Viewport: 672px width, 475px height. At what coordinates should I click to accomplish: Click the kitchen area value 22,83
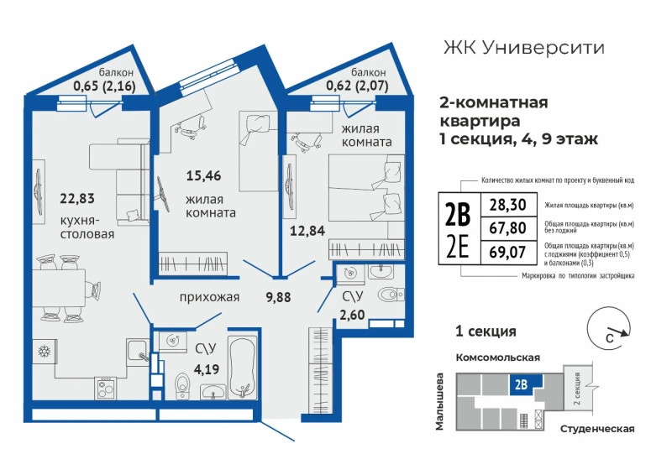click(x=77, y=199)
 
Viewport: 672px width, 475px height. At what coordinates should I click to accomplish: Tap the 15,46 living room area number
click(x=203, y=175)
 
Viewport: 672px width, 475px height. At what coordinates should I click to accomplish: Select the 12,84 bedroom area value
click(x=307, y=231)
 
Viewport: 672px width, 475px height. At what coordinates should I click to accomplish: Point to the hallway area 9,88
click(x=278, y=297)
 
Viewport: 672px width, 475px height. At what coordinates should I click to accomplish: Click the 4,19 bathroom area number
click(x=207, y=369)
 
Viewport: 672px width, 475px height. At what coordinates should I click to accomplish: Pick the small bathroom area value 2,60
click(x=352, y=315)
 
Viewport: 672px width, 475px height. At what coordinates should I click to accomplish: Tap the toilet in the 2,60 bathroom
click(x=391, y=294)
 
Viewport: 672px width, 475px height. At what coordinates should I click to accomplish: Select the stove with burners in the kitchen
click(x=106, y=388)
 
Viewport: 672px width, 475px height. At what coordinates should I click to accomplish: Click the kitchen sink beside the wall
click(x=137, y=351)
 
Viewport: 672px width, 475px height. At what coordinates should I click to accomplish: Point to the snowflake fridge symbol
click(x=45, y=352)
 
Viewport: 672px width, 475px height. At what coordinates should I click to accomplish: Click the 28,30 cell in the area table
click(x=508, y=205)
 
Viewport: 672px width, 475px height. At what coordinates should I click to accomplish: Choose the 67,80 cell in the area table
click(x=508, y=228)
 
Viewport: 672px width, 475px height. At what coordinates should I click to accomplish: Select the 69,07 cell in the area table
click(x=508, y=252)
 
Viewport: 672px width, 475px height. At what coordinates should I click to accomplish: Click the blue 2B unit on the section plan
click(x=526, y=384)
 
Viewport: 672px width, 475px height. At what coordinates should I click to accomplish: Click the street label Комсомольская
click(x=497, y=358)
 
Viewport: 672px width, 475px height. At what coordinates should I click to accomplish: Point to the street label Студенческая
click(x=597, y=429)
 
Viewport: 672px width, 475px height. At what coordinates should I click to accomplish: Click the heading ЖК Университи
click(x=523, y=48)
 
